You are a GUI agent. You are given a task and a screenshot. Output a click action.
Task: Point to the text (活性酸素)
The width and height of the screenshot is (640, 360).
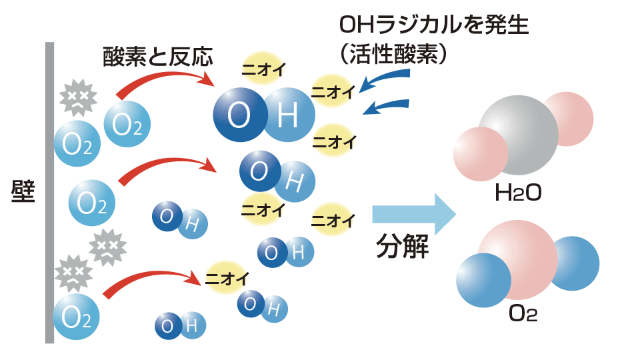392,54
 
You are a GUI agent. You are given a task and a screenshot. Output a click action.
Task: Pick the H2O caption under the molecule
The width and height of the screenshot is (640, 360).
517,193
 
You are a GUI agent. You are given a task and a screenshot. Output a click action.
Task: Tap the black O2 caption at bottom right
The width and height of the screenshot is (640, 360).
522,314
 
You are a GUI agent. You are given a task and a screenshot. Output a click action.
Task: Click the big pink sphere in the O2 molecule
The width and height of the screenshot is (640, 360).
517,260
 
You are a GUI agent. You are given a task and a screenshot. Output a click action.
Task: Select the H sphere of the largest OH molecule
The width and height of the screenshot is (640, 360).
288,115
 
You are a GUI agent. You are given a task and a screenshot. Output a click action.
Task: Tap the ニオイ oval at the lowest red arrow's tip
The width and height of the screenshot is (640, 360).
227,275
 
